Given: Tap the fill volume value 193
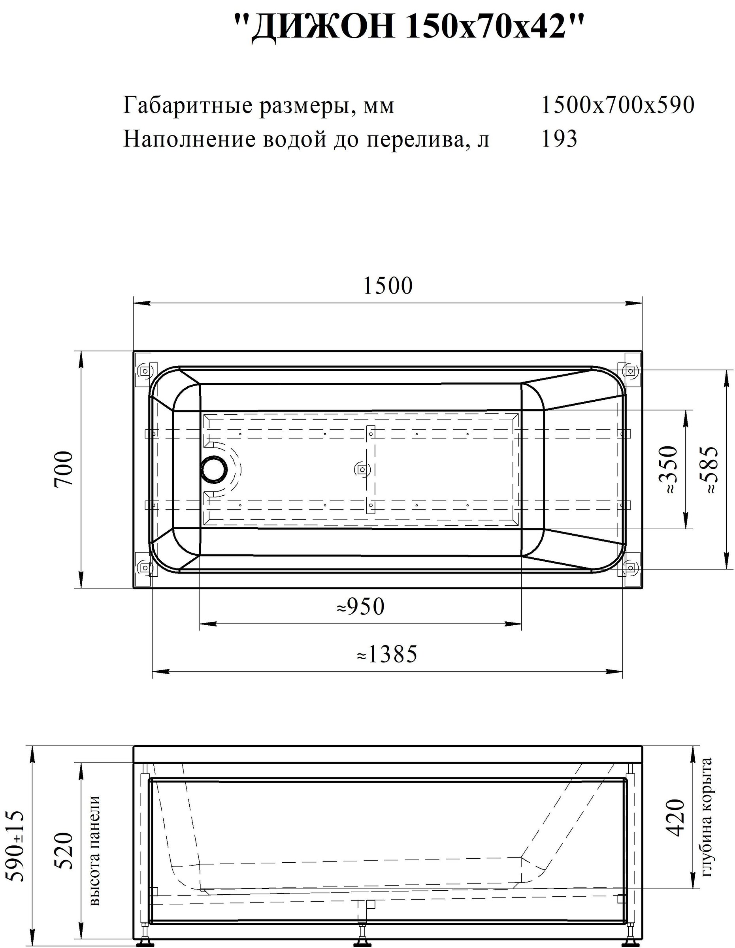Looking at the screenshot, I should pyautogui.click(x=560, y=139).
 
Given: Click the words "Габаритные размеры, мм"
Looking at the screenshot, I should pyautogui.click(x=259, y=105).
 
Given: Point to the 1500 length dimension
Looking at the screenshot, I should pyautogui.click(x=387, y=286).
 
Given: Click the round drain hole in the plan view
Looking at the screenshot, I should pyautogui.click(x=214, y=469).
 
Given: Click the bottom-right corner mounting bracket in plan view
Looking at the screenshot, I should pyautogui.click(x=629, y=566).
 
